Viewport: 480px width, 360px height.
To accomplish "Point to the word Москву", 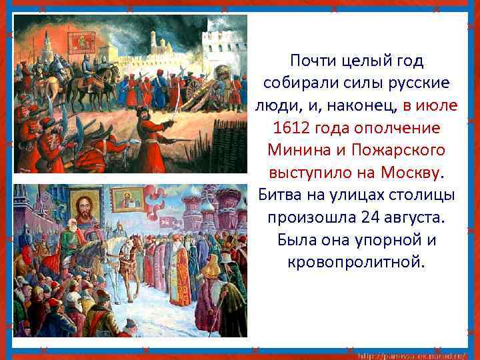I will pyautogui.click(x=411, y=171).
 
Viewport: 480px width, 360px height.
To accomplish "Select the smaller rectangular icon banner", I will pyautogui.click(x=127, y=200).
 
